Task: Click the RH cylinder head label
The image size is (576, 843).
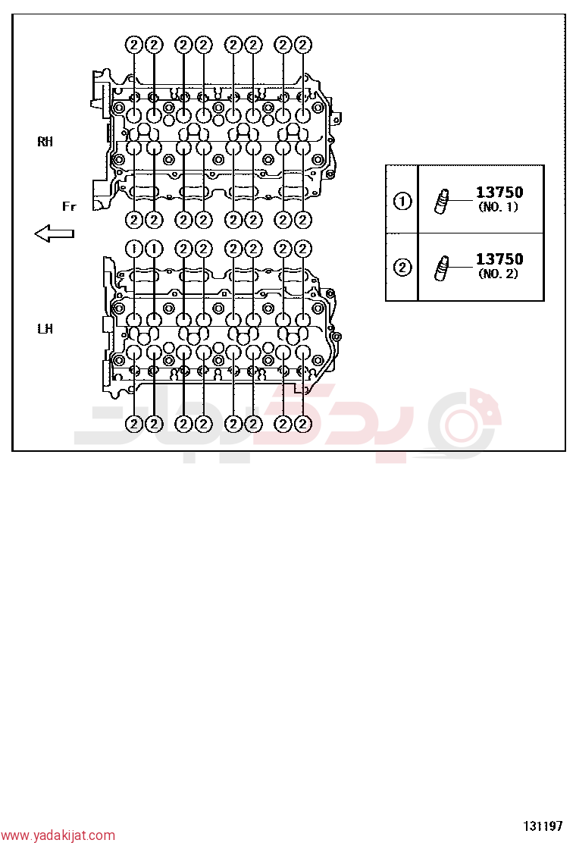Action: click(x=45, y=142)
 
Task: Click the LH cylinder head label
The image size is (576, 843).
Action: click(x=45, y=328)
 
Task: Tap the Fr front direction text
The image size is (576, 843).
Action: click(x=69, y=206)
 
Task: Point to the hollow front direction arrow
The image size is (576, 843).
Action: click(x=55, y=233)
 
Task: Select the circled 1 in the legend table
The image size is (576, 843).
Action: click(x=402, y=201)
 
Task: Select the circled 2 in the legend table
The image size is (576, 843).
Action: click(x=402, y=267)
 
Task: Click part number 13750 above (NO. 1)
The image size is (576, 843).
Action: click(x=499, y=193)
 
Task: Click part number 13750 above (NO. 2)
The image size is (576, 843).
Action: click(x=499, y=259)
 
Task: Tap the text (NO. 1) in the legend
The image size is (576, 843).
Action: click(x=499, y=207)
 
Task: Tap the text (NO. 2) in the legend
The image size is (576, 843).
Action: click(x=499, y=274)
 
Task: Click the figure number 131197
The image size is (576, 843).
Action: click(x=543, y=826)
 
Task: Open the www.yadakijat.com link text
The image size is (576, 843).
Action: click(x=58, y=835)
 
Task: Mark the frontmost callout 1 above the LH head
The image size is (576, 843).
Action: click(x=134, y=249)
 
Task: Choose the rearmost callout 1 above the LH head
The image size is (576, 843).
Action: click(x=154, y=249)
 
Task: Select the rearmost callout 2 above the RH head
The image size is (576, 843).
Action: click(x=303, y=45)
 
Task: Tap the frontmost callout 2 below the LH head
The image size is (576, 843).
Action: click(x=134, y=424)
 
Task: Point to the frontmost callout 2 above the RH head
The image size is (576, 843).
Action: click(x=134, y=45)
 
